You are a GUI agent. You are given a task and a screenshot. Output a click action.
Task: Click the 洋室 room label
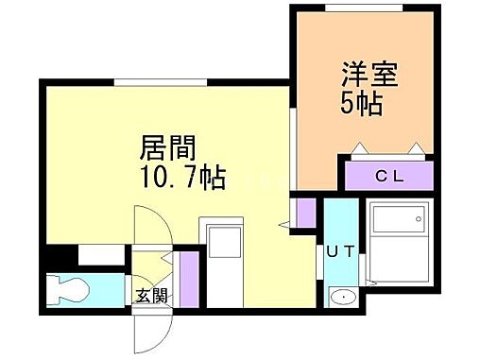point(363,73)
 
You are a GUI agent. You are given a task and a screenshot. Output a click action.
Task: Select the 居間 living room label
point(168,147)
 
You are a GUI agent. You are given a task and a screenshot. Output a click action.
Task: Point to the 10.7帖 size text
point(182,177)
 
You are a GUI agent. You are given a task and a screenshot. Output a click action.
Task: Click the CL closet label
point(388,176)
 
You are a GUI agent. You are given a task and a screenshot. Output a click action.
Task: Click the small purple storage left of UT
point(303,213)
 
